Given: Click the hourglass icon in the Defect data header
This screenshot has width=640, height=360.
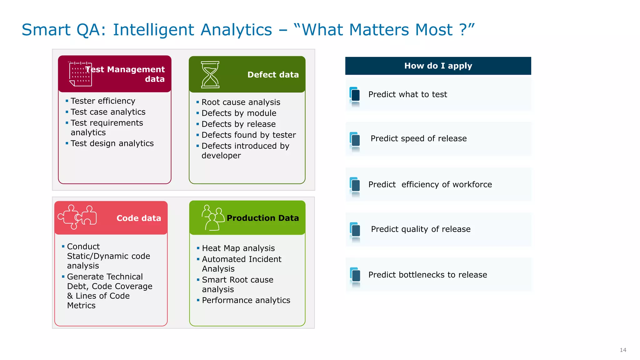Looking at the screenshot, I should tap(210, 75).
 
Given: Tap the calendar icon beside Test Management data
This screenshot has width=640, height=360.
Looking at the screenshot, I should tap(80, 74).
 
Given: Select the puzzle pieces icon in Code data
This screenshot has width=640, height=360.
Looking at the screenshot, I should tap(77, 217).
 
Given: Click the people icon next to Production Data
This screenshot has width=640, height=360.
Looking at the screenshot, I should tap(212, 218).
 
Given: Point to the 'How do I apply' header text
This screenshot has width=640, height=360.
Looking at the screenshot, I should tap(438, 66).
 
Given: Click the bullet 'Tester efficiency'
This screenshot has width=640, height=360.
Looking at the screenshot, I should tap(103, 101).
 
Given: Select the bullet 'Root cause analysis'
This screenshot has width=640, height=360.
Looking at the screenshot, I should tap(241, 102).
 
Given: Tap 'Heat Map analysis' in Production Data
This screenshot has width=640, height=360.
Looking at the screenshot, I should tap(238, 248).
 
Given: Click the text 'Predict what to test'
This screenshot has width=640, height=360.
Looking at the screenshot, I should tap(407, 94).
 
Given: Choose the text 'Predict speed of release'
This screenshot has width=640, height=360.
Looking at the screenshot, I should tap(418, 138).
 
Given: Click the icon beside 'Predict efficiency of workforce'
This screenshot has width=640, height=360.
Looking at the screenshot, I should tap(355, 185).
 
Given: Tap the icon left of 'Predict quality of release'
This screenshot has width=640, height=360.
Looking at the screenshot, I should tap(355, 230).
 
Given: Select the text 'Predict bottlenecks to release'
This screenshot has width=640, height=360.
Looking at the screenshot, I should tap(427, 275).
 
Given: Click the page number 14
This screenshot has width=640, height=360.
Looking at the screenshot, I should tap(623, 350).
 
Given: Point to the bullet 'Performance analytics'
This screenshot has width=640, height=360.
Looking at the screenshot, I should tap(246, 300).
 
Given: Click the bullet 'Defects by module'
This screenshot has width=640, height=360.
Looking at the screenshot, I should tap(239, 113).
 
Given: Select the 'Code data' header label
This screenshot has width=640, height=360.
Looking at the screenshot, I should tap(139, 218).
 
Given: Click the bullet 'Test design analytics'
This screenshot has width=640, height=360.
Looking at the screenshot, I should tap(112, 143).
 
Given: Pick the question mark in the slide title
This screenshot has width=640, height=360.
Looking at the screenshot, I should tap(463, 30).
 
